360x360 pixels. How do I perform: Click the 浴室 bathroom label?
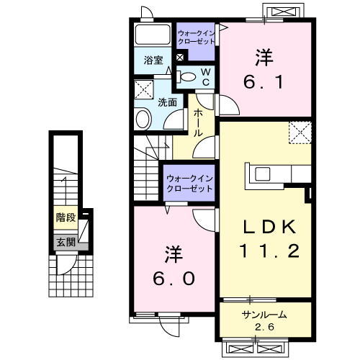[x=153, y=60]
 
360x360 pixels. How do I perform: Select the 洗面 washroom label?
[x=167, y=102]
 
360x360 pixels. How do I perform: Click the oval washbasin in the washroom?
[x=143, y=119]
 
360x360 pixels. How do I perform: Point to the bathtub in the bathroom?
[x=153, y=34]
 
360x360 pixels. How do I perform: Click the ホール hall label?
[x=198, y=122]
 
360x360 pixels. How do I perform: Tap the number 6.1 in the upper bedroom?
[x=264, y=81]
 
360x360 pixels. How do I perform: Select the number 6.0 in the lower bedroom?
[x=174, y=279]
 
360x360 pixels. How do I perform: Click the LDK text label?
[x=269, y=227]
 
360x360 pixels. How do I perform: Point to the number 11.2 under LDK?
[x=269, y=251]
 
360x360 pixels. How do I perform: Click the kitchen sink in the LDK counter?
[x=263, y=174]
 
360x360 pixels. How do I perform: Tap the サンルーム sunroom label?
[x=264, y=315]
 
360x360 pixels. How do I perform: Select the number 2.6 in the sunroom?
[x=264, y=327]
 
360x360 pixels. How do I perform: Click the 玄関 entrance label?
[x=66, y=242]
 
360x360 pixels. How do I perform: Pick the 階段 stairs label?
[x=66, y=217]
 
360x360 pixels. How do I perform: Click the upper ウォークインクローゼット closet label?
[x=196, y=37]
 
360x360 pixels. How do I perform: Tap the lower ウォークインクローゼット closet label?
[x=189, y=184]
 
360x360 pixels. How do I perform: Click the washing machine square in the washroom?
[x=143, y=89]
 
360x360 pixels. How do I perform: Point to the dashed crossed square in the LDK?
[x=300, y=132]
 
